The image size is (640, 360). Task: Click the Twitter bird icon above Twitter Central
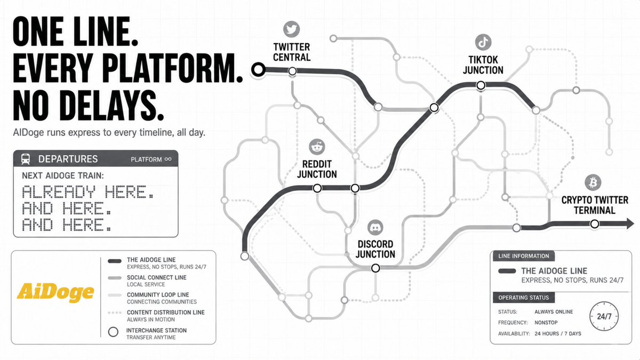pos(291,29)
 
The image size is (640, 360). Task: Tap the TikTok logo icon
pos(483,42)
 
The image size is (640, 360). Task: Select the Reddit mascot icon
pos(317,147)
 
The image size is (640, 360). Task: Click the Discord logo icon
pos(375,228)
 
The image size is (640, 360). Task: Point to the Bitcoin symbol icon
pos(593,182)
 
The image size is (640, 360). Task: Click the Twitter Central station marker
pos(292,71)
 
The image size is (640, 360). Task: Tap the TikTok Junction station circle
pos(481,85)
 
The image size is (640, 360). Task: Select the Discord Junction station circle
pos(375,268)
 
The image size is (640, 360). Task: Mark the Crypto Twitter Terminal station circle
pos(595,224)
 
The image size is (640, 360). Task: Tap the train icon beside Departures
pos(26,159)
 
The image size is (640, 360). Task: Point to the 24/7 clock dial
pos(604,316)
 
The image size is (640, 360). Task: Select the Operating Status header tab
pos(523,298)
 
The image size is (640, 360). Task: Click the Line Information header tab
pos(523,256)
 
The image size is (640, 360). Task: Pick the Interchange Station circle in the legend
pos(113,332)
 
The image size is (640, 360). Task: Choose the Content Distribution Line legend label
pos(166,313)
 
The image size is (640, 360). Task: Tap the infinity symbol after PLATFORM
pos(168,159)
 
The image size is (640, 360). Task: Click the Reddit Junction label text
pos(317,169)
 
